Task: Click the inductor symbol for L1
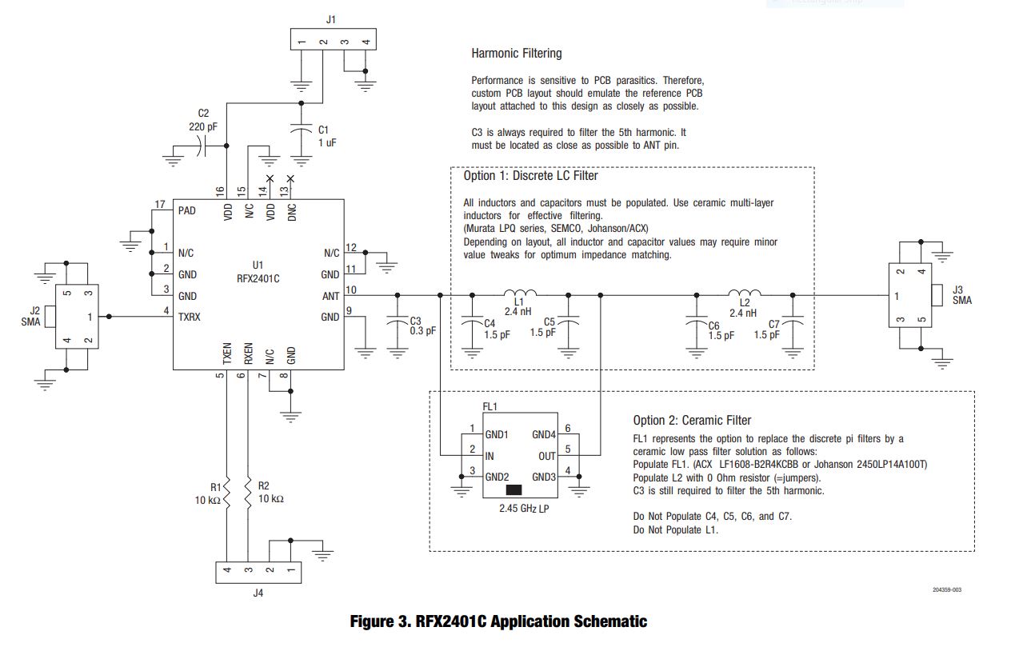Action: point(520,293)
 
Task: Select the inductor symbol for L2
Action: point(745,293)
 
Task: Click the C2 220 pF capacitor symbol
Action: point(202,146)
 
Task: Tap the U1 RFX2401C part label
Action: point(258,272)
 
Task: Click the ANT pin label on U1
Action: point(330,296)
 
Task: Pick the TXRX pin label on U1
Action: point(189,317)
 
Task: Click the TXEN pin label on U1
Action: point(227,353)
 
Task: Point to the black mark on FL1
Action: point(514,489)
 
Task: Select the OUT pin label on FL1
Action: point(546,456)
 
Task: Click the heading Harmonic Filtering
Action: point(517,54)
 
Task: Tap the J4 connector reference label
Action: point(258,593)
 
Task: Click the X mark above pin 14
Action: point(270,179)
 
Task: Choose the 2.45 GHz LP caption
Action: point(524,509)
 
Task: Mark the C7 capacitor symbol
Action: point(793,321)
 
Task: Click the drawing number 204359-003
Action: point(947,589)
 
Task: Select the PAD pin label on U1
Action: point(187,211)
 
